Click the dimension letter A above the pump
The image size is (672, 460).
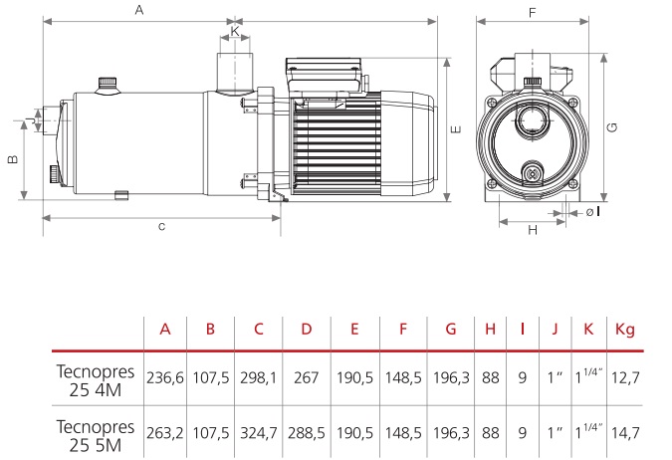139,9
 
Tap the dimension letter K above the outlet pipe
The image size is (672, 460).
235,31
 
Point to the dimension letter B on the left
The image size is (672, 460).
13,159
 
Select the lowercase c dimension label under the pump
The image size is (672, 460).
161,226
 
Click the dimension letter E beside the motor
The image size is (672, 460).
457,128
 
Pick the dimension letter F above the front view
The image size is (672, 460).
533,12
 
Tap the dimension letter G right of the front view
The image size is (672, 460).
613,127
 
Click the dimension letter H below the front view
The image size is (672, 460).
533,230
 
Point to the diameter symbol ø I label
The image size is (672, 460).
593,212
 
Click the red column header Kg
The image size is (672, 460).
625,330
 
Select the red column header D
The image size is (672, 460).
306,329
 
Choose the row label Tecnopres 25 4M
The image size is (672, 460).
96,380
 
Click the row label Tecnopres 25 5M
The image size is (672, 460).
96,435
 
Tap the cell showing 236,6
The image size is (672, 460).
165,377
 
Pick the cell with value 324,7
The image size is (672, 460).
259,433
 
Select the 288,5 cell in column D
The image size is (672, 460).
306,433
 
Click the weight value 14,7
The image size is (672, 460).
625,433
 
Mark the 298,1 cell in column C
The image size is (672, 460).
259,377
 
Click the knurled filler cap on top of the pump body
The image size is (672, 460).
108,85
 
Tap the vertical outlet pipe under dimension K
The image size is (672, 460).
234,74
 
